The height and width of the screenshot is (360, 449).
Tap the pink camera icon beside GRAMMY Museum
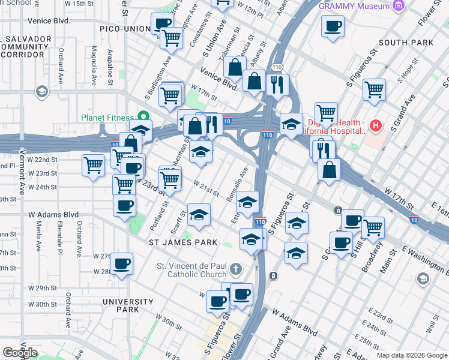397,6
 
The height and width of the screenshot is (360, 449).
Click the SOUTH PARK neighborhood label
406,43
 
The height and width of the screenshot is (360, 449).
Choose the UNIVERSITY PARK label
128,305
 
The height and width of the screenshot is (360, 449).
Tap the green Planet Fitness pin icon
143,115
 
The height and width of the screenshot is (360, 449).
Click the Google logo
20,353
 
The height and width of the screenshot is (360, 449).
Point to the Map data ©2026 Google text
411,355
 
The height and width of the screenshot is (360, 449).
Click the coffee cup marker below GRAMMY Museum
333,26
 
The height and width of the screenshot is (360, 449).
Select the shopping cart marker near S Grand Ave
374,89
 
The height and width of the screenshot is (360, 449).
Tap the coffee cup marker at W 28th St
121,263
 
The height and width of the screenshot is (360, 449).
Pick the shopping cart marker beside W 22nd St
94,165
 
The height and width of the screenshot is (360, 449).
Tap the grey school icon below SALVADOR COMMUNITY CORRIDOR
41,91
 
